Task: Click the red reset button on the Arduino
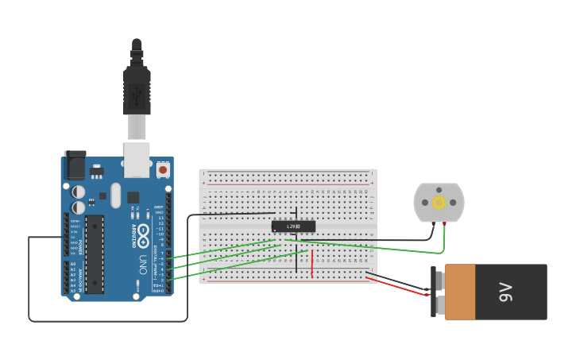163,169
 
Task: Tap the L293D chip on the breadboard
293,226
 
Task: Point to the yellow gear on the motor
439,203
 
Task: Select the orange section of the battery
460,292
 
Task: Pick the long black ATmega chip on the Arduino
95,254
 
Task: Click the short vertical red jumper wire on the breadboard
311,264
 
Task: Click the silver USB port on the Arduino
137,159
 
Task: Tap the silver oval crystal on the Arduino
116,195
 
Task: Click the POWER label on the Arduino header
81,226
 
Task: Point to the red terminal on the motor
444,225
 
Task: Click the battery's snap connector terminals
437,292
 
